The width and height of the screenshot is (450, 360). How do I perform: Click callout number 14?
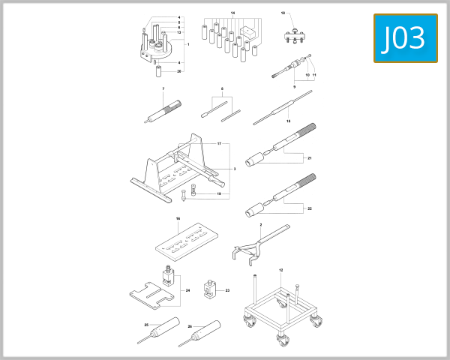click(x=232, y=14)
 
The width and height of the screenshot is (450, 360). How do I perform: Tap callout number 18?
click(x=283, y=14)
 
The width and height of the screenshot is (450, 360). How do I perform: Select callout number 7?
click(x=163, y=89)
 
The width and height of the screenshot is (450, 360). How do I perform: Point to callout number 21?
click(x=309, y=157)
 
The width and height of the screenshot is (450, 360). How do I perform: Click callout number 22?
click(x=309, y=208)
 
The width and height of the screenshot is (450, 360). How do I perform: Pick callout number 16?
click(x=178, y=219)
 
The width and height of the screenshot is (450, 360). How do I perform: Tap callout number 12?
click(x=280, y=269)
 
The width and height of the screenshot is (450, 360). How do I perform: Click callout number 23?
click(x=227, y=290)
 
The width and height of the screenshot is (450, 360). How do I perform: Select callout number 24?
click(x=187, y=290)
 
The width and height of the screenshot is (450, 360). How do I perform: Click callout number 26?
click(x=190, y=327)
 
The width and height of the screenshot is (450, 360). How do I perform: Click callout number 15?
click(x=287, y=120)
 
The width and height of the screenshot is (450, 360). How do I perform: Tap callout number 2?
click(x=260, y=225)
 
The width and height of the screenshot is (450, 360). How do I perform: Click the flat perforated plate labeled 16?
click(x=188, y=239)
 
